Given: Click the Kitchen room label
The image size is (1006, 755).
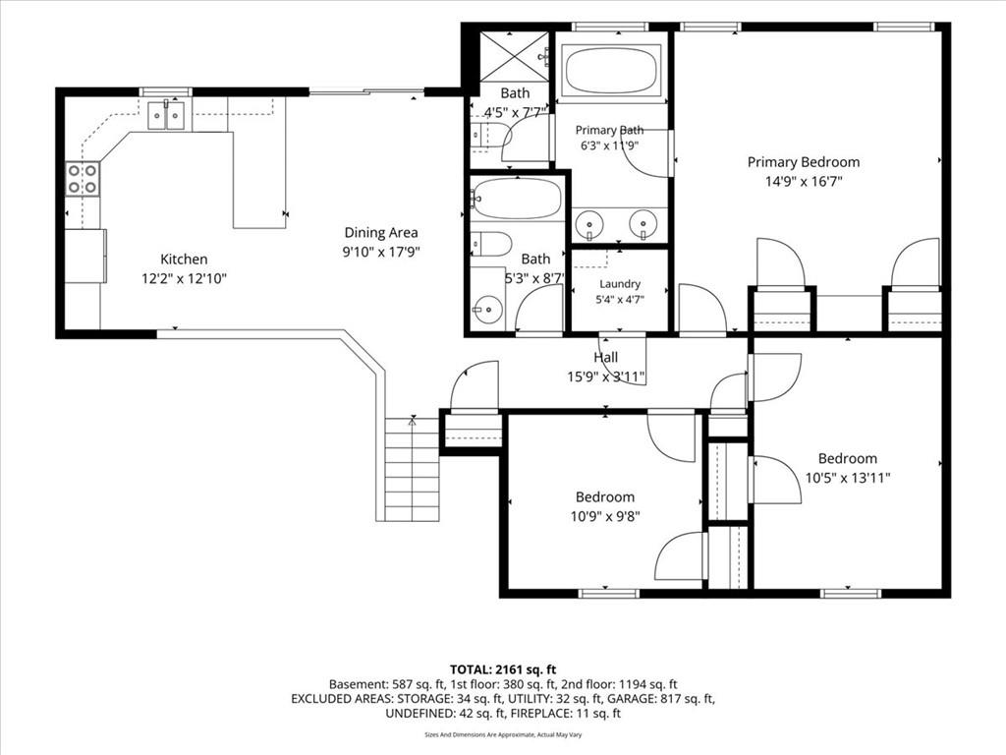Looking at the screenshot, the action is [184, 260].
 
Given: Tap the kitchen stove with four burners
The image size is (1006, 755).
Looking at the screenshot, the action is [83, 179].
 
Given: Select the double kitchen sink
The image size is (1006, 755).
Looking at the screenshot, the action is [166, 115].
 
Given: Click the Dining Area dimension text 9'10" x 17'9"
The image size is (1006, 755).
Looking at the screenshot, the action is [381, 252].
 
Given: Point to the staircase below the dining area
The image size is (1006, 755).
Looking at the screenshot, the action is [412, 469].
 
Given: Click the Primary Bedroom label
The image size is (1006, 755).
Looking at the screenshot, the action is [804, 162].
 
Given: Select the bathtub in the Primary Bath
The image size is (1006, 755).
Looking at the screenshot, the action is [610, 71].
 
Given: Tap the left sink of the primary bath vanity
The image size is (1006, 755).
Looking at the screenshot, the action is [588, 224].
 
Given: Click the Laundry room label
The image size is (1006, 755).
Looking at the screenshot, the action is [620, 284].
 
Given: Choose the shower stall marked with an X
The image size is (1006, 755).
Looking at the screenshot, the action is [515, 56].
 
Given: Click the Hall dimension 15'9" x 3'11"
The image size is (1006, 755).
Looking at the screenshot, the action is [605, 377].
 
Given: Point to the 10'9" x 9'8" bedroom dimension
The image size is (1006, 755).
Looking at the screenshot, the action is [605, 516].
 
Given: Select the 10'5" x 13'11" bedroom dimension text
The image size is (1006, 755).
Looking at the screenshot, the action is [848, 478].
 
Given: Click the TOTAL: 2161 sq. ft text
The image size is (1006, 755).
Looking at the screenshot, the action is [502, 670].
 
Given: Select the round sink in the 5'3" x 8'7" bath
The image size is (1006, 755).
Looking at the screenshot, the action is [489, 310].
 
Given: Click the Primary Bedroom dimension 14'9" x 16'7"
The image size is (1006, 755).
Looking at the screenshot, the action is [804, 182].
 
